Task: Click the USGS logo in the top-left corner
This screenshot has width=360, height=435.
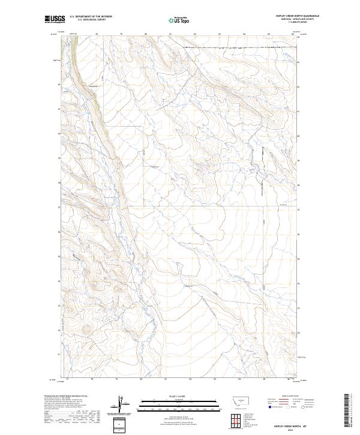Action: pyautogui.click(x=55, y=19)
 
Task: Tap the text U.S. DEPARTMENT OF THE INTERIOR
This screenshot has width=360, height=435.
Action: pyautogui.click(x=91, y=17)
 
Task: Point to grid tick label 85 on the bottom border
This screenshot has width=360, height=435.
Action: pyautogui.click(x=264, y=379)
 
